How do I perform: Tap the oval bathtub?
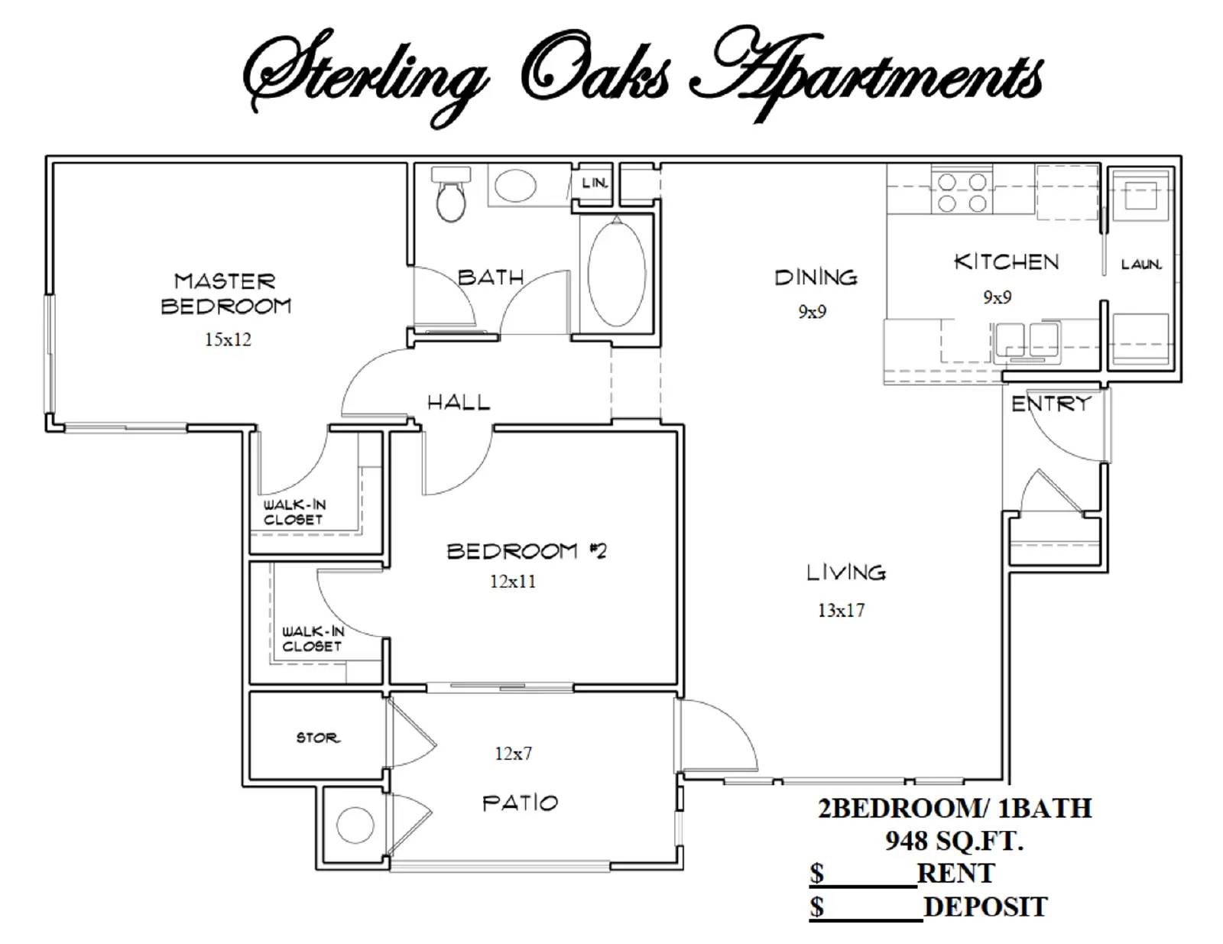click(x=616, y=272)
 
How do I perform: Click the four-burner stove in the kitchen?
click(x=962, y=193)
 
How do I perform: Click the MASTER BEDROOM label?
click(x=225, y=294)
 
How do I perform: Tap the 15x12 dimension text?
click(x=228, y=339)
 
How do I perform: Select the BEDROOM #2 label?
click(x=527, y=551)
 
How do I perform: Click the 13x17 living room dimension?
click(x=841, y=610)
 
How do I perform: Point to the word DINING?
click(x=816, y=277)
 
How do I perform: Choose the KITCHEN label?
click(x=1007, y=262)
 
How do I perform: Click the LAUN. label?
click(x=1141, y=264)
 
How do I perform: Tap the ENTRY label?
click(x=1051, y=404)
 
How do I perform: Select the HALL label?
click(x=459, y=402)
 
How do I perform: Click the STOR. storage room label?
click(x=318, y=738)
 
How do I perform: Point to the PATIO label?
click(x=520, y=803)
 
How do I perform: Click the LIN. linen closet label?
click(x=595, y=183)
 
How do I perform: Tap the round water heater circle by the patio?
click(x=355, y=826)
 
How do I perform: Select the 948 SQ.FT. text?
click(x=954, y=841)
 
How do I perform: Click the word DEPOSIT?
click(x=985, y=907)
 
